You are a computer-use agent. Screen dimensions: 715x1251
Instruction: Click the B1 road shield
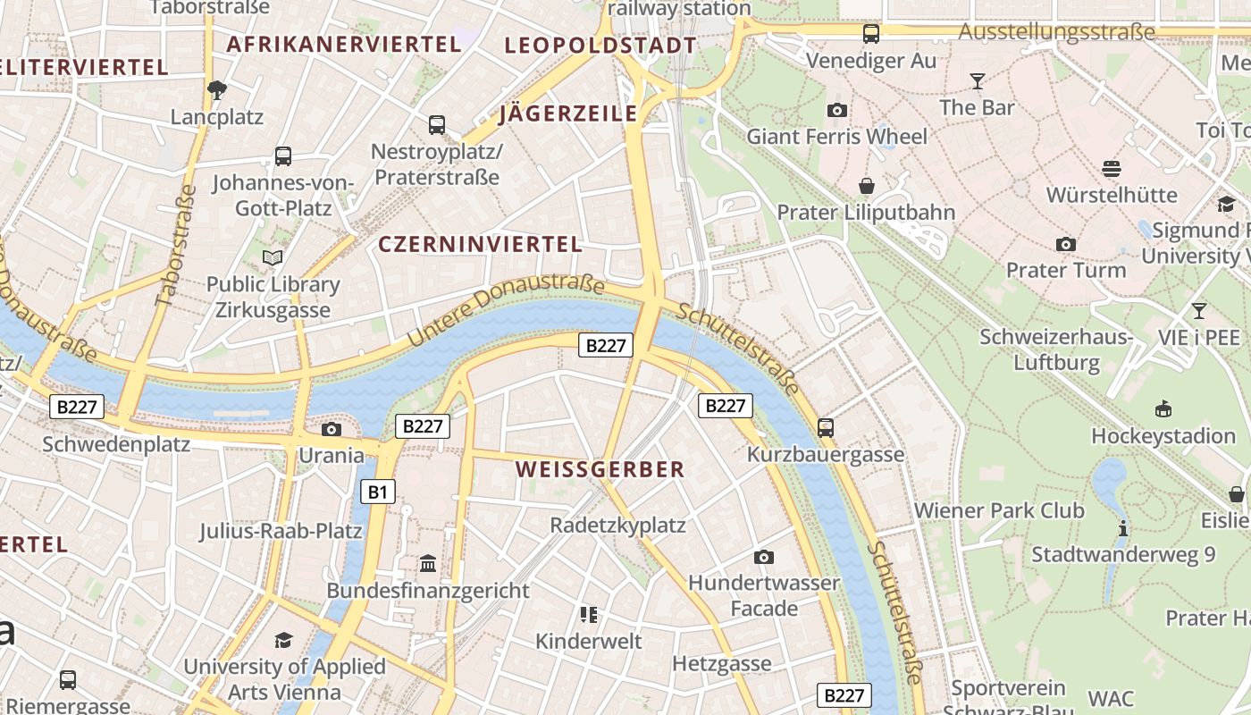pyautogui.click(x=378, y=491)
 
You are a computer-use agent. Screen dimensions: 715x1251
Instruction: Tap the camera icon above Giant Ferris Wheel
pyautogui.click(x=837, y=110)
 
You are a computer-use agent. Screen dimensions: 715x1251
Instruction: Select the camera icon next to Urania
pyautogui.click(x=331, y=430)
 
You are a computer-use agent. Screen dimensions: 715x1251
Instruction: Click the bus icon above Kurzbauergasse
pyautogui.click(x=826, y=428)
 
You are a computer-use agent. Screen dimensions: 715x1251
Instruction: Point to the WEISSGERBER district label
pyautogui.click(x=600, y=469)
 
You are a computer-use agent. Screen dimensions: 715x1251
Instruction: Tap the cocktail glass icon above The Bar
pyautogui.click(x=977, y=81)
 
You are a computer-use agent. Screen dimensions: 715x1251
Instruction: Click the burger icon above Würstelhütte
pyautogui.click(x=1112, y=169)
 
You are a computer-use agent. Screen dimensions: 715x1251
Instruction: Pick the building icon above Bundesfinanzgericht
pyautogui.click(x=428, y=565)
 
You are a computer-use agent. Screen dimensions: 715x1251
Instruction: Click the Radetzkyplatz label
pyautogui.click(x=617, y=525)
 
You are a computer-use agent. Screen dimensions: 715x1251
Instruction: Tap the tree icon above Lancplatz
pyautogui.click(x=216, y=89)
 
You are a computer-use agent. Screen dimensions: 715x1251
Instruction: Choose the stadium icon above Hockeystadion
pyautogui.click(x=1163, y=409)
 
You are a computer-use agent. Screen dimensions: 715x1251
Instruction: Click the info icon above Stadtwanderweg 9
pyautogui.click(x=1123, y=528)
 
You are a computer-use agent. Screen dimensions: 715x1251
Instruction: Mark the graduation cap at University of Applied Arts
pyautogui.click(x=283, y=640)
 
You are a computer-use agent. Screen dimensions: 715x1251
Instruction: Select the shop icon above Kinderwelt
pyautogui.click(x=588, y=615)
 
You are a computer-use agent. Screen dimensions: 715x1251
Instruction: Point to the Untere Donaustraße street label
pyautogui.click(x=506, y=310)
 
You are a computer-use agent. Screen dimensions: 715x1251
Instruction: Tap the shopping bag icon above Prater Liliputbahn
pyautogui.click(x=866, y=186)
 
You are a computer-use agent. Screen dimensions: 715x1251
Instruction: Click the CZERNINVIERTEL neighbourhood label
pyautogui.click(x=480, y=244)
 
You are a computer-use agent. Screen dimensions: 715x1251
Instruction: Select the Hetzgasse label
pyautogui.click(x=721, y=663)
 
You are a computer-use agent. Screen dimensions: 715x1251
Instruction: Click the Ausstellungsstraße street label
pyautogui.click(x=1056, y=32)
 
